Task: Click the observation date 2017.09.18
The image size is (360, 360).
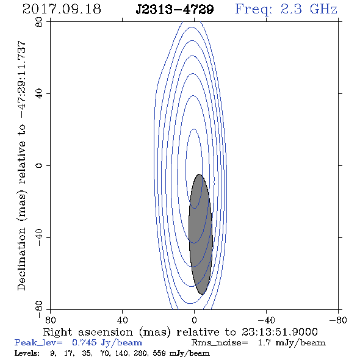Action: [62, 9]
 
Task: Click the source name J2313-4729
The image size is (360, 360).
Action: [175, 9]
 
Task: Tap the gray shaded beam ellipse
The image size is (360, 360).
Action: [200, 234]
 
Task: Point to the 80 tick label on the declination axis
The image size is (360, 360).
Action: [39, 22]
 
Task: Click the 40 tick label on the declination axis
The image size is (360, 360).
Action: [39, 94]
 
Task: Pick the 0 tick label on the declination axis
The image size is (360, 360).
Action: [39, 165]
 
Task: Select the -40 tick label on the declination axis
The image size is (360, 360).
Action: [39, 237]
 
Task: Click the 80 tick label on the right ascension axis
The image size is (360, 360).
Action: [50, 320]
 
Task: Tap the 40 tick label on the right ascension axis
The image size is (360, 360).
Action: [122, 320]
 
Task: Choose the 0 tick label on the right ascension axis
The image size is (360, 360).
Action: [194, 320]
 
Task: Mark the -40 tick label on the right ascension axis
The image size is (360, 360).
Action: [266, 320]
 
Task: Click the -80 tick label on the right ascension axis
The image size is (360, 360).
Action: [338, 320]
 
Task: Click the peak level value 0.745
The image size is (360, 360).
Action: [84, 342]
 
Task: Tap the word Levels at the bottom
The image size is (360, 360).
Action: [27, 353]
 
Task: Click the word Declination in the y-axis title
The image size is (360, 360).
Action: [21, 259]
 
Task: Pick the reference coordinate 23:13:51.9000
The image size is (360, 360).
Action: [279, 332]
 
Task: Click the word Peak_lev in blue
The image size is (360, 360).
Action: [38, 343]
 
